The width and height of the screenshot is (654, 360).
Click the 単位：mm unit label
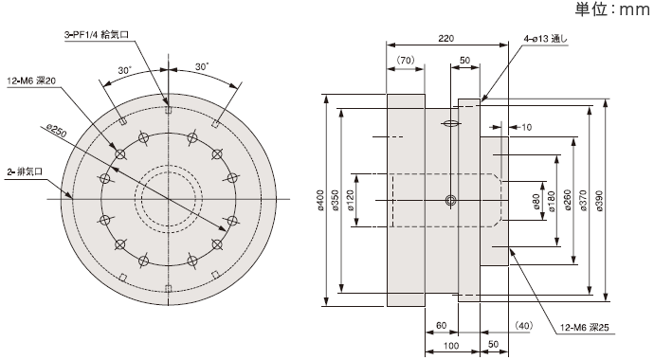612,9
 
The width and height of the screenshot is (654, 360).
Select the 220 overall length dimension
445,38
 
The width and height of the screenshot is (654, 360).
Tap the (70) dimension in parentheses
405,60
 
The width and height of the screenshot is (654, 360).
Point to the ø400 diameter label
320,200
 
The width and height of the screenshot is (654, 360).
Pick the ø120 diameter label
350,200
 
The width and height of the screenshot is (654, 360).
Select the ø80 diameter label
536,201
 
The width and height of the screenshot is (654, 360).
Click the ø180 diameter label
552,201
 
